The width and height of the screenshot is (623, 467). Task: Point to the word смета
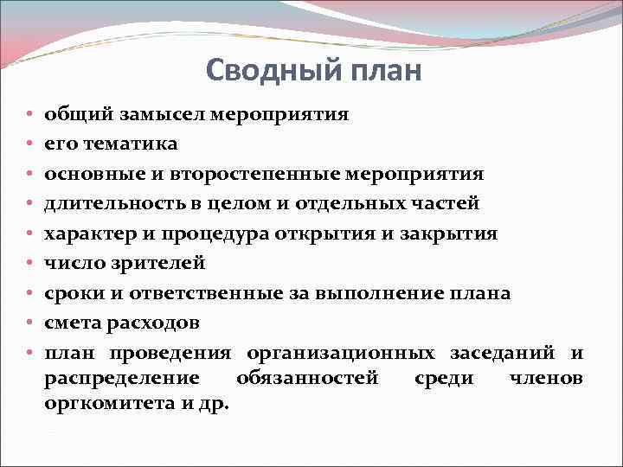coord(71,323)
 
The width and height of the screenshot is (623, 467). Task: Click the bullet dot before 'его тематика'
coord(29,144)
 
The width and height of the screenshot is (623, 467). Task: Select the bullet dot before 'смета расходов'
coord(29,324)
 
